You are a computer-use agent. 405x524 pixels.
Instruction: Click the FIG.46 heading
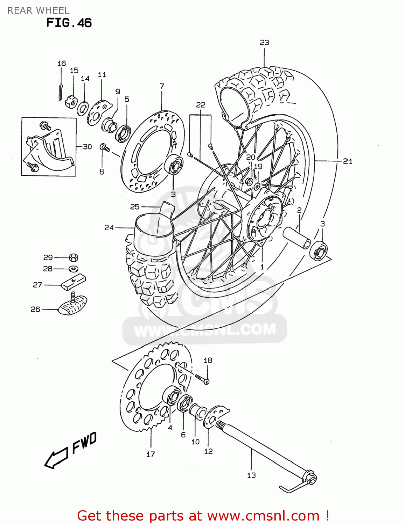[x=69, y=23]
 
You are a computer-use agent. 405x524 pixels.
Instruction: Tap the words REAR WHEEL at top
[x=38, y=10]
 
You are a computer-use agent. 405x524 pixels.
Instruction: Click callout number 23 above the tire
[x=264, y=43]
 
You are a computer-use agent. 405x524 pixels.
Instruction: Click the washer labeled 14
[x=83, y=108]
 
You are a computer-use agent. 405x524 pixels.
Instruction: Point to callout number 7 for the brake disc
[x=162, y=86]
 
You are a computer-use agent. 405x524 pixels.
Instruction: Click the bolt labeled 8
[x=104, y=148]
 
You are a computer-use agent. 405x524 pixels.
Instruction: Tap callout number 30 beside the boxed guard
[x=88, y=147]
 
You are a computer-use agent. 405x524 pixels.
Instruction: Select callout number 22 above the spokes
[x=201, y=105]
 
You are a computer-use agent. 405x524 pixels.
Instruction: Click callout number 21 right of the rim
[x=347, y=161]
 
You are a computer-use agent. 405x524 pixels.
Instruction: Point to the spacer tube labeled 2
[x=297, y=238]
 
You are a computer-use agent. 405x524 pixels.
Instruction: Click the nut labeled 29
[x=74, y=258]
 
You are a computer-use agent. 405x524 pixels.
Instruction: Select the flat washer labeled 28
[x=74, y=269]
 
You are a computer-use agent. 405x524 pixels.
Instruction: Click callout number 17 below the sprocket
[x=151, y=454]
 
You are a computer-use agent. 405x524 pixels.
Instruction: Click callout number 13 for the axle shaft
[x=251, y=475]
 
